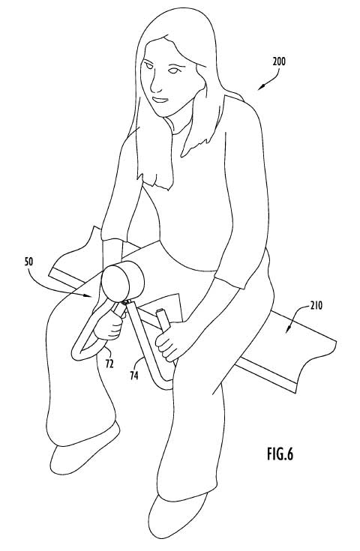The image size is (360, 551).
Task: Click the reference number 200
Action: tap(279, 61)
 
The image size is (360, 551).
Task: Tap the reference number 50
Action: tap(29, 262)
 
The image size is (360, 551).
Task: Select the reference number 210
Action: tap(316, 306)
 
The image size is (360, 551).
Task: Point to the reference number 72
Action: tap(109, 364)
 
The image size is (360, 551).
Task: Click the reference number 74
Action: tap(133, 376)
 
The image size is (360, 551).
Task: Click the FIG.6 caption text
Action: tap(280, 454)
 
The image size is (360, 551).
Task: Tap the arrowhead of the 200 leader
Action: tap(261, 88)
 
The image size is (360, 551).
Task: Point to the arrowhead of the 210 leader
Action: tap(288, 329)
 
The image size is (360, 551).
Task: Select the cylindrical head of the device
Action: tap(122, 283)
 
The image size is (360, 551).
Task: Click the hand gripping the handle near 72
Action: tap(108, 326)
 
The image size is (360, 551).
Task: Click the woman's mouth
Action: tap(160, 100)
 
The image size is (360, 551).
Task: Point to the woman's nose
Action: tap(154, 86)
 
